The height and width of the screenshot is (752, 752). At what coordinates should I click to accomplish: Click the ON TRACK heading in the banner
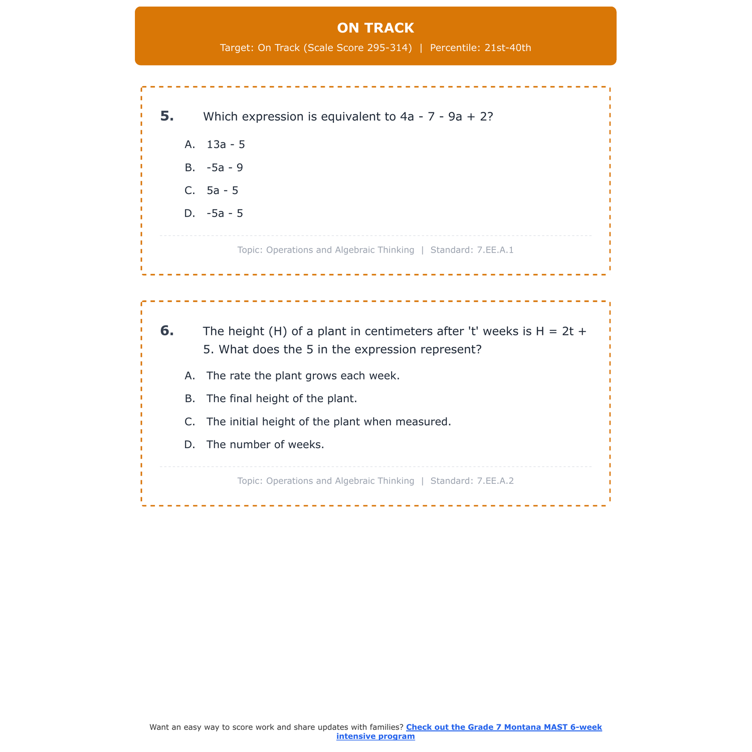(375, 28)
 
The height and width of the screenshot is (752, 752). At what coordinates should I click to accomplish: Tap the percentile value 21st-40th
(507, 48)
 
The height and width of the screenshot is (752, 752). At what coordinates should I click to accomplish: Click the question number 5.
(167, 116)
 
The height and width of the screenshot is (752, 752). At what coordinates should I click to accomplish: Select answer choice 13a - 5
(226, 145)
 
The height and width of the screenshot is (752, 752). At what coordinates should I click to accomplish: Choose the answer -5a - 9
(225, 168)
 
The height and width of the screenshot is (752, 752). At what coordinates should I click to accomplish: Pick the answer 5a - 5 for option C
(222, 191)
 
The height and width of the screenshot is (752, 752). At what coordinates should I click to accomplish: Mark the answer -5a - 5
(225, 214)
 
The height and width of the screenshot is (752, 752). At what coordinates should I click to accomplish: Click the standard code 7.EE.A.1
(495, 250)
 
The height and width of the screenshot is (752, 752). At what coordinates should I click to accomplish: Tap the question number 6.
(167, 331)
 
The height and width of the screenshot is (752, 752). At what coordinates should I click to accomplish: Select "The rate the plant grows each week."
(303, 376)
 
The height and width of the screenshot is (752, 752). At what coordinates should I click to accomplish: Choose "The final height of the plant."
(281, 399)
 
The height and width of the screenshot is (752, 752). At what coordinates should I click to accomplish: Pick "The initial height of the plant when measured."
(328, 422)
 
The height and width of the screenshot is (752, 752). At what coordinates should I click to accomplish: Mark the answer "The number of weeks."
(265, 445)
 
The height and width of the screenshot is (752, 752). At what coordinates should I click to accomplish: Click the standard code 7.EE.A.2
(495, 481)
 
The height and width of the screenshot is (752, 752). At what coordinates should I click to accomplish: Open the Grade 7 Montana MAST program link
(503, 727)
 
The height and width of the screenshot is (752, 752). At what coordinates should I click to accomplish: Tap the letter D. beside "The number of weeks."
(190, 445)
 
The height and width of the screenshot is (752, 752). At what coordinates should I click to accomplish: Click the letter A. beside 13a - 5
(190, 145)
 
